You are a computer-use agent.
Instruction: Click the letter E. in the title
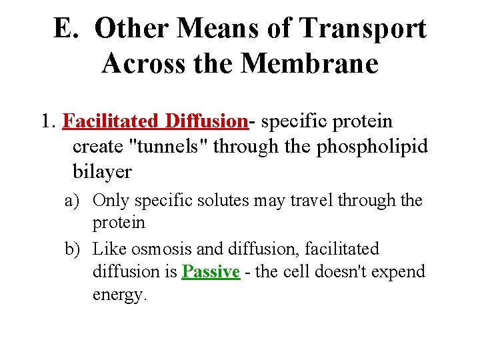click(x=67, y=29)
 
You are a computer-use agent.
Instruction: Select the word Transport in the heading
click(x=363, y=29)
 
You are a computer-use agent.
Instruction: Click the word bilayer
click(x=102, y=172)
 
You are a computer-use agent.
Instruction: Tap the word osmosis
click(x=161, y=249)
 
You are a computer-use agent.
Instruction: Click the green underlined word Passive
click(x=211, y=272)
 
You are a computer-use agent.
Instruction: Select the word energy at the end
click(x=119, y=295)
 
